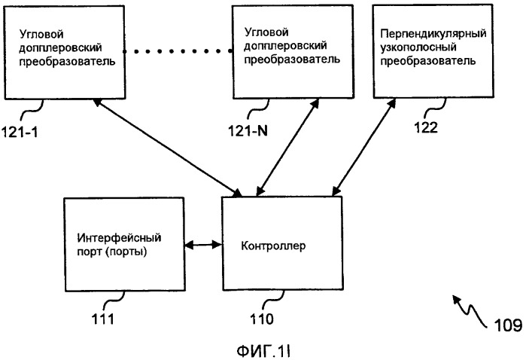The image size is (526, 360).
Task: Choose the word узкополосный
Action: click(x=418, y=48)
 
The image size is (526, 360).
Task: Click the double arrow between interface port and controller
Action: click(x=202, y=244)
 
